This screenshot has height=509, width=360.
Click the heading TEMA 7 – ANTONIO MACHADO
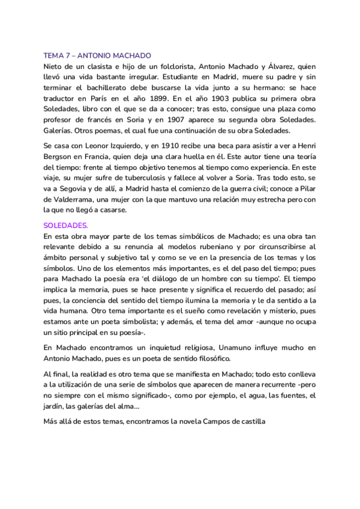97,55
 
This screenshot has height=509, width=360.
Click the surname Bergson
58,156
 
